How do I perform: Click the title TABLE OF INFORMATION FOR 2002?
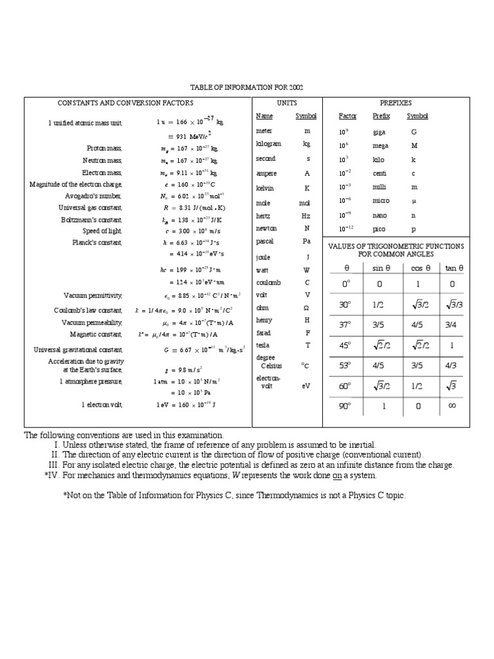(246, 87)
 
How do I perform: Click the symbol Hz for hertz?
(307, 216)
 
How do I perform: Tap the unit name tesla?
(262, 345)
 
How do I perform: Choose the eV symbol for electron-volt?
(306, 386)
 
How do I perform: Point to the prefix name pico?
(379, 228)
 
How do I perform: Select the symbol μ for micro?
(414, 201)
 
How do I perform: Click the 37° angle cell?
(346, 325)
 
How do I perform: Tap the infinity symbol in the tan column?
(452, 406)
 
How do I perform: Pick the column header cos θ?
(421, 268)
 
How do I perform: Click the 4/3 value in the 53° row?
(451, 365)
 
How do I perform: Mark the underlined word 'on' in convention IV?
(336, 475)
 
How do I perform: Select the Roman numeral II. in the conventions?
(55, 454)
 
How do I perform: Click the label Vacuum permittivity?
(93, 295)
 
